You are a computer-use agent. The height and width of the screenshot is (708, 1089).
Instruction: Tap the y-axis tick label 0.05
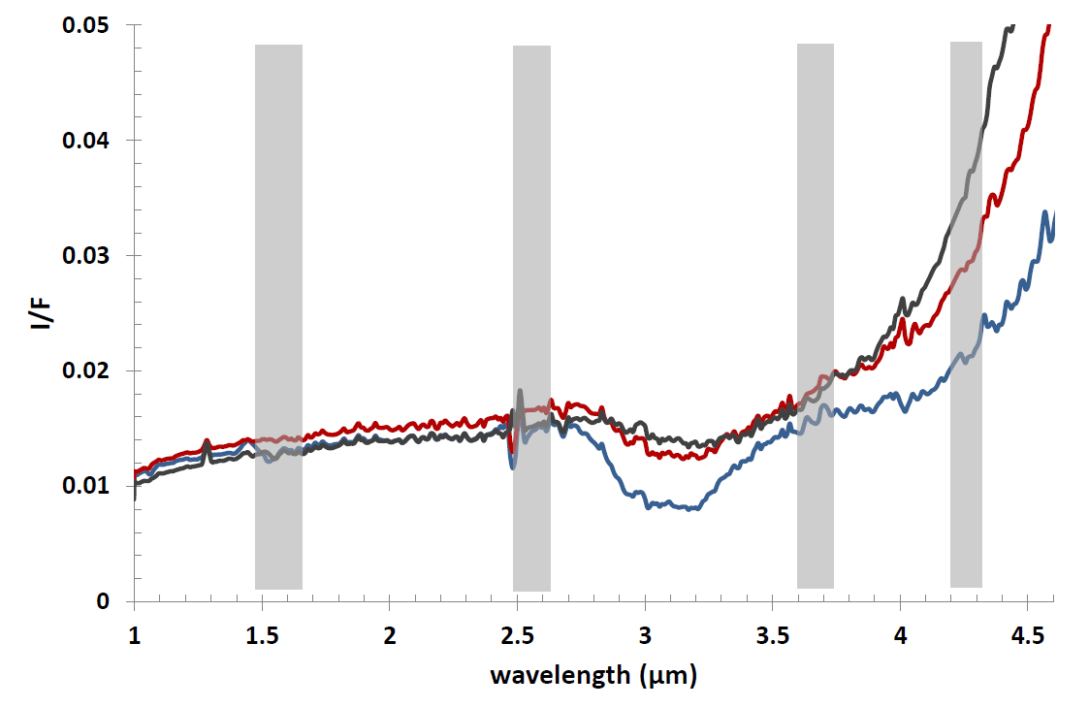pyautogui.click(x=89, y=25)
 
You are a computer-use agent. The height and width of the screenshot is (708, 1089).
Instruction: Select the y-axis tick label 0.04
pyautogui.click(x=89, y=141)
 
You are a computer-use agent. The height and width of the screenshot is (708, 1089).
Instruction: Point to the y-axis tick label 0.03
pyautogui.click(x=89, y=256)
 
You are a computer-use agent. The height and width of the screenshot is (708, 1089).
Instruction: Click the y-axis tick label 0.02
pyautogui.click(x=89, y=371)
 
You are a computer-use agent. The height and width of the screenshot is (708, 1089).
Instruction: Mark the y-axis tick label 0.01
pyautogui.click(x=89, y=486)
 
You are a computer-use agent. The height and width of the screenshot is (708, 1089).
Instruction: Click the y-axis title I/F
pyautogui.click(x=40, y=312)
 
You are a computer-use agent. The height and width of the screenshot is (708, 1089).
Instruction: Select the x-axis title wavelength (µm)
pyautogui.click(x=593, y=674)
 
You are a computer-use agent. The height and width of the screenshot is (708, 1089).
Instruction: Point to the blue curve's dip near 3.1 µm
pyautogui.click(x=669, y=505)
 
